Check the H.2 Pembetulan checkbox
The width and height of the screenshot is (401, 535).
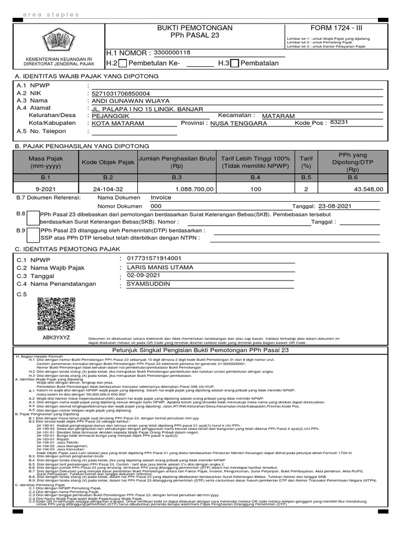tap(123, 64)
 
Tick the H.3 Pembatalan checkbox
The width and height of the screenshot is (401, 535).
tap(235, 64)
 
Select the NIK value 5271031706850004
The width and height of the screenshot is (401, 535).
tap(121, 94)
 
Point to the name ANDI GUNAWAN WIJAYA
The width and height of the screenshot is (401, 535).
tap(131, 101)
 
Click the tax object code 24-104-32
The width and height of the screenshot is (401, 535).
tap(108, 189)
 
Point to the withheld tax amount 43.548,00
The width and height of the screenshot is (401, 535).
tap(368, 189)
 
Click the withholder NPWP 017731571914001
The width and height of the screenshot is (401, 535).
tap(151, 258)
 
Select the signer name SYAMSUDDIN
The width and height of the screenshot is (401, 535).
tap(148, 284)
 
